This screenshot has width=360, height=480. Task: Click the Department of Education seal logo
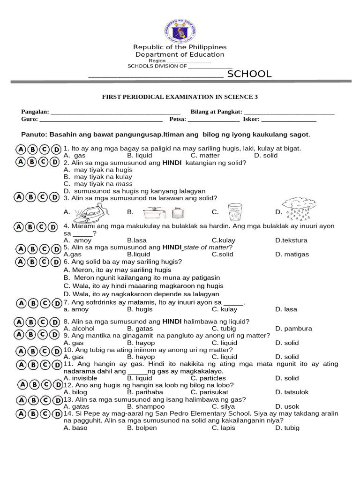(x=180, y=31)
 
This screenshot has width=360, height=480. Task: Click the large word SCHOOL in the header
(x=249, y=74)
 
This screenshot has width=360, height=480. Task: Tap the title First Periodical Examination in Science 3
(x=180, y=97)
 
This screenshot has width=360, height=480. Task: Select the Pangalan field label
(x=35, y=112)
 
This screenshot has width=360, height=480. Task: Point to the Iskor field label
(x=251, y=119)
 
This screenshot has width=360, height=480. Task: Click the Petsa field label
(x=178, y=119)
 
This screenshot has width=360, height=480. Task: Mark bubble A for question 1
(x=21, y=150)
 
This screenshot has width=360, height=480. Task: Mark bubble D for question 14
(x=57, y=414)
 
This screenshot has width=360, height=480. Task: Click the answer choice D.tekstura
(x=291, y=240)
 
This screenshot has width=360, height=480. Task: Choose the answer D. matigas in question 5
(x=292, y=255)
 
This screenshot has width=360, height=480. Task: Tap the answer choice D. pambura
(x=293, y=329)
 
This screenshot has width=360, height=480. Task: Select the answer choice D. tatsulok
(x=292, y=392)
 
